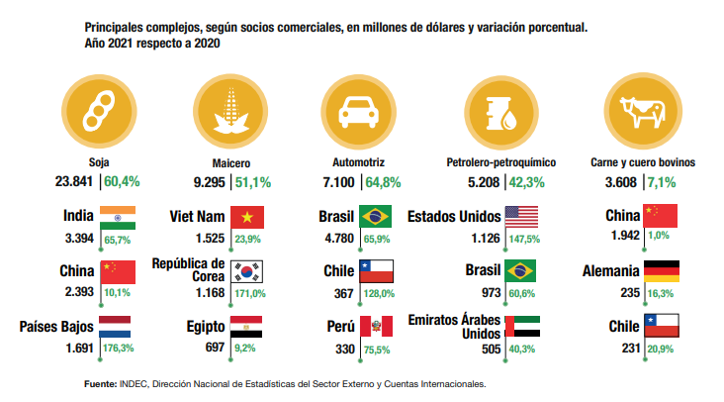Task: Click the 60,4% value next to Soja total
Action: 123,181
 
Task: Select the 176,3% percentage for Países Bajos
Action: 120,348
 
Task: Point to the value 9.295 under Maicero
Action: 209,181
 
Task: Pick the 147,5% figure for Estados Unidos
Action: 524,239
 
